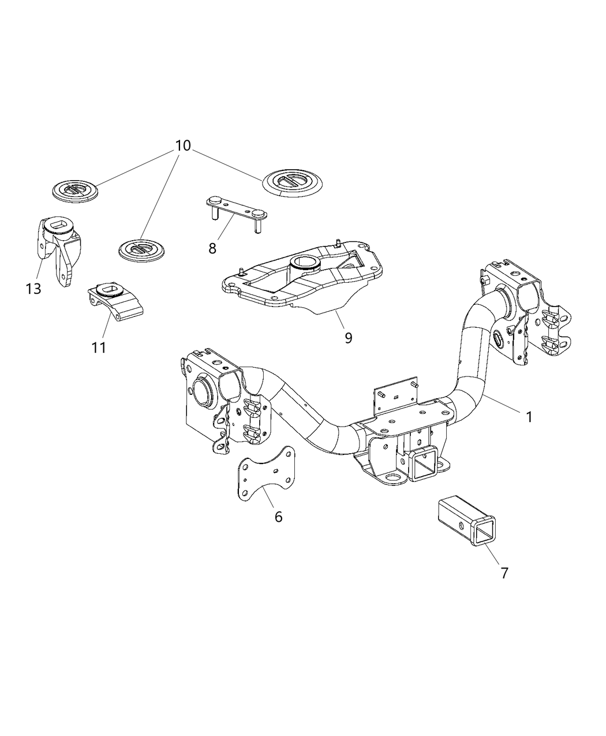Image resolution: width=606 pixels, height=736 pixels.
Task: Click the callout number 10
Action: [x=182, y=145]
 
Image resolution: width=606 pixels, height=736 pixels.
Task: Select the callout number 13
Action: [x=33, y=288]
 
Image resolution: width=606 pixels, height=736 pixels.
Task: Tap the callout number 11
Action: [x=99, y=348]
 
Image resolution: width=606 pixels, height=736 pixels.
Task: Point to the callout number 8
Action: [x=212, y=248]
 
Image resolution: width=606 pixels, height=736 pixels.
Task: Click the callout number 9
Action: [x=348, y=337]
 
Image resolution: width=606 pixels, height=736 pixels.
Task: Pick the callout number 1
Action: [x=529, y=416]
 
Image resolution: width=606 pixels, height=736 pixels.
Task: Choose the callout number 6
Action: [x=278, y=517]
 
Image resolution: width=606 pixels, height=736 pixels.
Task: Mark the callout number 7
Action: [x=504, y=573]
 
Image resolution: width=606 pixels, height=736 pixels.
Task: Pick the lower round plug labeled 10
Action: [x=141, y=250]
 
